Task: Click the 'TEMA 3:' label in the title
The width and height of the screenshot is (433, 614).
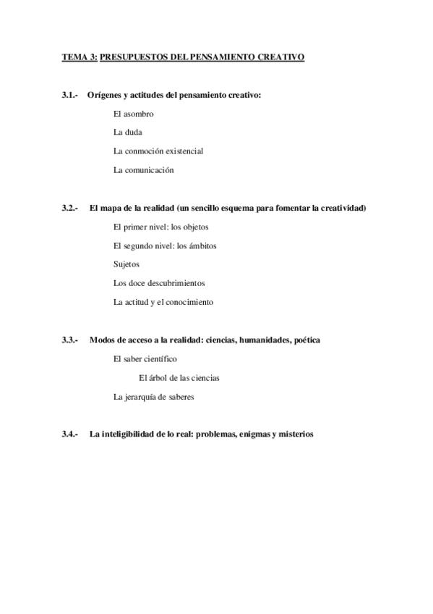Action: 79,56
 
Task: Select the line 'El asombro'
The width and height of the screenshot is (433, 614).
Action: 134,114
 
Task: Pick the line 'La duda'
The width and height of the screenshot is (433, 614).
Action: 128,133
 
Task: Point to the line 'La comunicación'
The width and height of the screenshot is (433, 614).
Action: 144,170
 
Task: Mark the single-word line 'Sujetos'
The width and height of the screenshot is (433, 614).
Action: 127,264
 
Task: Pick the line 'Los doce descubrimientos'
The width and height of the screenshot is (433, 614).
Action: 159,283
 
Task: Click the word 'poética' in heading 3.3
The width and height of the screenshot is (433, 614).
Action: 305,340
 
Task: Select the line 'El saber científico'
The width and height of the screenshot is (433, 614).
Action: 145,358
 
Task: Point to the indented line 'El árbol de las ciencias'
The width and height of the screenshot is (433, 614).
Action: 179,378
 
